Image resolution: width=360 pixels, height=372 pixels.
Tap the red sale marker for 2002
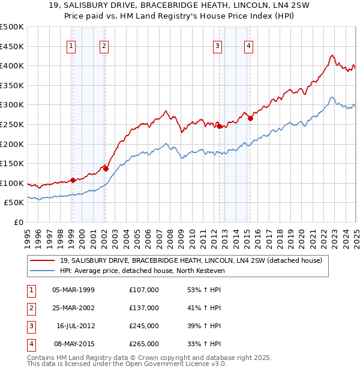[106, 169]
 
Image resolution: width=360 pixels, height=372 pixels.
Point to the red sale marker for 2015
[250, 118]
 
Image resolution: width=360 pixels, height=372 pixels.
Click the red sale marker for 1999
[73, 180]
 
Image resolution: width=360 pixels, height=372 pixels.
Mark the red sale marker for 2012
[219, 126]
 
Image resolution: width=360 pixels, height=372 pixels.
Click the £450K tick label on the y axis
[11, 46]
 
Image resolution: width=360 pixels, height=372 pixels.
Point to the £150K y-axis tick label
[11, 163]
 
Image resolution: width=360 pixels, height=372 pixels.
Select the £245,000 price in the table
[144, 326]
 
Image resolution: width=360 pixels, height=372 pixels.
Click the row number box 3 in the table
[31, 326]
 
